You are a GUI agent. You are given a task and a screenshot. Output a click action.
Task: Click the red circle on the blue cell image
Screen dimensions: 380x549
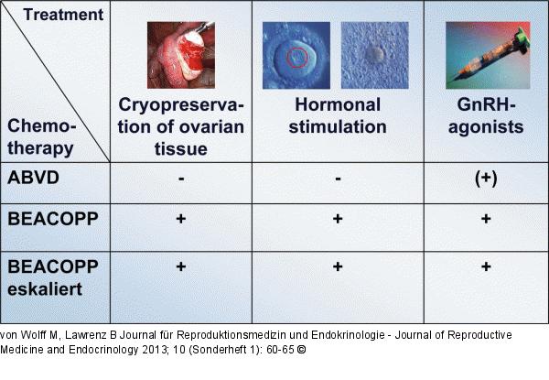(297, 59)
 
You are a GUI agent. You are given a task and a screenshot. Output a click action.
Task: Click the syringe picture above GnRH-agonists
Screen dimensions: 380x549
(485, 54)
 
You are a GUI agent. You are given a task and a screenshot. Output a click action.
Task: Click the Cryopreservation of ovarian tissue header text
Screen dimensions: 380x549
(182, 127)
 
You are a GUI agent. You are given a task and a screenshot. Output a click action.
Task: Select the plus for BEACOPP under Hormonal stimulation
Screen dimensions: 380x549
(338, 220)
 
